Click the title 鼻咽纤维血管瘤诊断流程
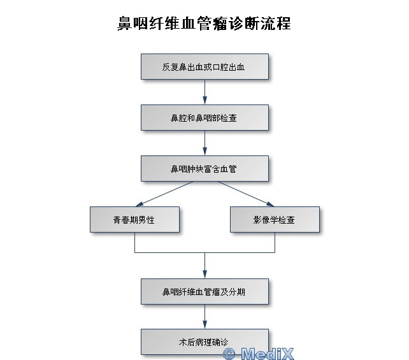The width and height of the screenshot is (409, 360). (204, 24)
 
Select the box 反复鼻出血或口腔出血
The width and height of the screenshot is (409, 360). (204, 66)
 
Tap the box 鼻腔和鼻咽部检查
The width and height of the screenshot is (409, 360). (204, 117)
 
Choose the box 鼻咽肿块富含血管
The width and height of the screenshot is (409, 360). (204, 168)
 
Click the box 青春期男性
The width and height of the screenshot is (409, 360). (134, 219)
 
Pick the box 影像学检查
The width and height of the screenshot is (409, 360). (275, 219)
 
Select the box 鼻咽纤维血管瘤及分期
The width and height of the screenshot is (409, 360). (204, 291)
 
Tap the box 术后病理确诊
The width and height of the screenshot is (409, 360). (204, 342)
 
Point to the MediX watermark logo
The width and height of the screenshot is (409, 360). (259, 354)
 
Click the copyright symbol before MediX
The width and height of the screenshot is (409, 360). (229, 354)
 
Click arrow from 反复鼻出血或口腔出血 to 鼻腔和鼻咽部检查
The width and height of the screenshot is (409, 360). (204, 92)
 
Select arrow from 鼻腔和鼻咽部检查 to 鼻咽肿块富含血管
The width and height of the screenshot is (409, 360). (204, 143)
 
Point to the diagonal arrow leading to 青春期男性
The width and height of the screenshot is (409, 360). (164, 194)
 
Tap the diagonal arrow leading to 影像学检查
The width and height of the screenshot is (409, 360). (246, 194)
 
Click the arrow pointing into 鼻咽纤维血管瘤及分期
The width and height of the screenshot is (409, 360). (204, 266)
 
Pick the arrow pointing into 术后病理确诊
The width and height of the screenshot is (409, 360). (204, 317)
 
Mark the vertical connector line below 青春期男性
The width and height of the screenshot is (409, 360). (134, 242)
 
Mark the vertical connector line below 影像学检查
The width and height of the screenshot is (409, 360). (275, 242)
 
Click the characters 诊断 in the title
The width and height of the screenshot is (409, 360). (243, 24)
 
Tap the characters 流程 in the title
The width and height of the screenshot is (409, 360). (275, 24)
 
